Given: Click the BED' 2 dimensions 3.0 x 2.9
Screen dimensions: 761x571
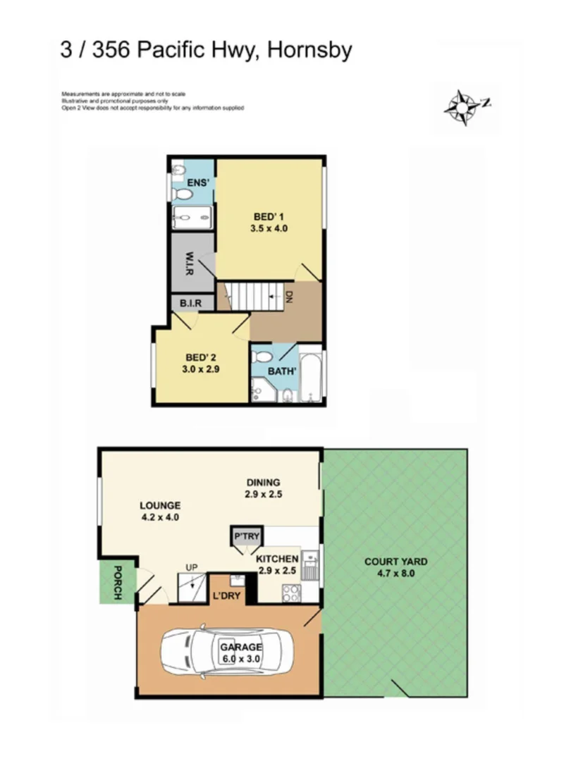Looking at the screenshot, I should (x=199, y=368).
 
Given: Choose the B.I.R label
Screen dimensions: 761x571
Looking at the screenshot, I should (x=190, y=303).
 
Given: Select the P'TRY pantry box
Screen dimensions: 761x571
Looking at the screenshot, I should (x=246, y=537).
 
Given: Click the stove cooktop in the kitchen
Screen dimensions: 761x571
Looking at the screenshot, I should (x=290, y=593).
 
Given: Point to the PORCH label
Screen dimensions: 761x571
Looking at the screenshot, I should (x=118, y=582).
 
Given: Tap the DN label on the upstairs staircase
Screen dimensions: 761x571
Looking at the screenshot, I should (x=288, y=297).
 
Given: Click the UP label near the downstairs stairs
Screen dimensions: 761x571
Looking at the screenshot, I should (x=190, y=567).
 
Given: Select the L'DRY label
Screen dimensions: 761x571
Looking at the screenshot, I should (x=226, y=596).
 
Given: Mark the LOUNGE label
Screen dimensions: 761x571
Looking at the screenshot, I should (x=160, y=505).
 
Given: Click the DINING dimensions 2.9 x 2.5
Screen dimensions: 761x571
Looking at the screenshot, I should (x=264, y=494).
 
